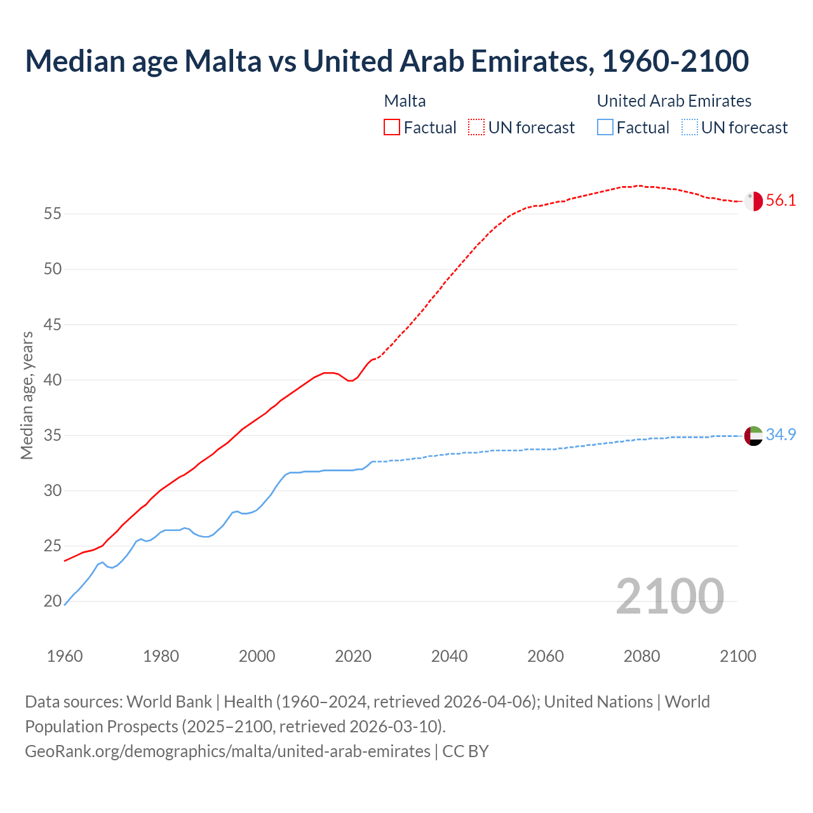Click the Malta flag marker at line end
(753, 201)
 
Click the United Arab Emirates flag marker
(753, 436)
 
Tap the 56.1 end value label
(781, 201)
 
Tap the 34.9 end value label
(781, 435)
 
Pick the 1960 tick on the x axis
(65, 656)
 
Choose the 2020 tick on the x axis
(353, 656)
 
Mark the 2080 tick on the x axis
(642, 656)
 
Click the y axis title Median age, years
(27, 395)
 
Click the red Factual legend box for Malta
(392, 127)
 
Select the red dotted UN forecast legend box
(476, 127)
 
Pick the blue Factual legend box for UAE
(605, 127)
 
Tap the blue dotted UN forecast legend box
(689, 127)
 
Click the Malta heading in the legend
(405, 101)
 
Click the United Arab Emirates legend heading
(674, 101)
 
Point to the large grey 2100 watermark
(669, 596)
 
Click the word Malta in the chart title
(222, 61)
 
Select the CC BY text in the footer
(466, 751)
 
